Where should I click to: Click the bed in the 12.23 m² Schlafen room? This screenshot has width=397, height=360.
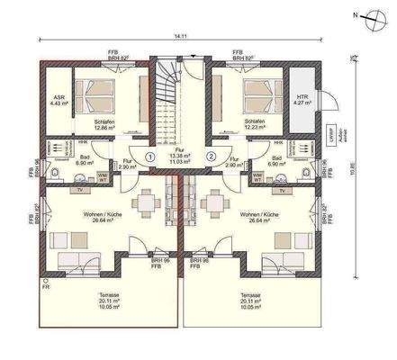click(263, 92)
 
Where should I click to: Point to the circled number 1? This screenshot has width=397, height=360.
click(149, 156)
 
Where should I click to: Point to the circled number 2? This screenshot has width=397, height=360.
click(212, 156)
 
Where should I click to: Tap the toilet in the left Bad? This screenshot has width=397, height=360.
click(56, 173)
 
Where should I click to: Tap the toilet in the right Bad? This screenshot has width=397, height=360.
click(308, 173)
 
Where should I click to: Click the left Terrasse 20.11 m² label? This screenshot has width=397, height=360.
click(112, 301)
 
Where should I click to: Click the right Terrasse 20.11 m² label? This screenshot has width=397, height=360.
click(251, 301)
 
